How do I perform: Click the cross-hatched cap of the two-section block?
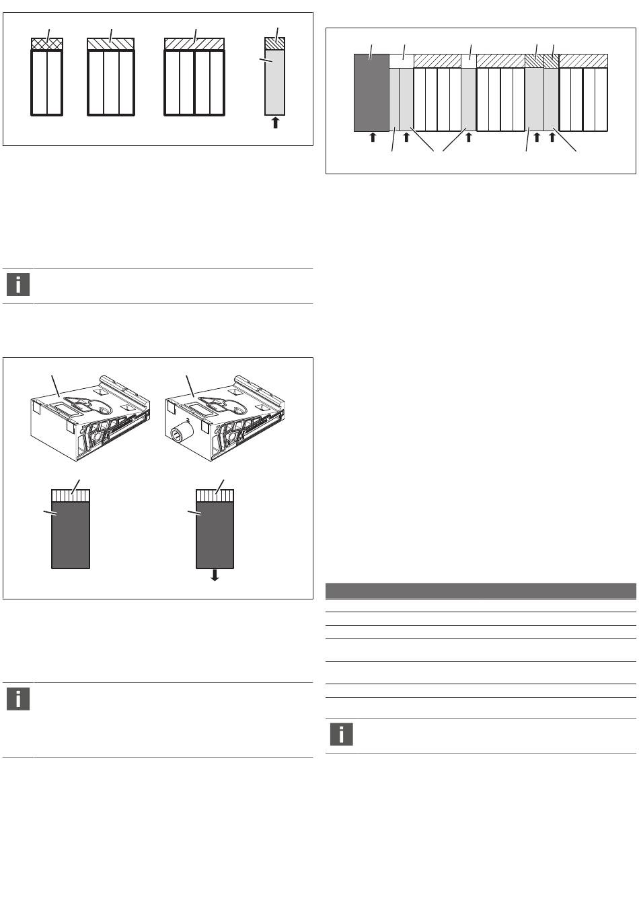(47, 44)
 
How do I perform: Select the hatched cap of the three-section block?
(111, 44)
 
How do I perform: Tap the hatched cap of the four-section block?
(194, 44)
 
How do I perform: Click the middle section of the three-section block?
(111, 83)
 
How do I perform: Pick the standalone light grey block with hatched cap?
(275, 77)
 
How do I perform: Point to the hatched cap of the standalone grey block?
(275, 44)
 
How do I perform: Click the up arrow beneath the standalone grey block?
(275, 122)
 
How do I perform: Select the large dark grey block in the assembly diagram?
(371, 93)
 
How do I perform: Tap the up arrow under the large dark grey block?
(373, 137)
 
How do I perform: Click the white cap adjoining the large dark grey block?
(402, 61)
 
